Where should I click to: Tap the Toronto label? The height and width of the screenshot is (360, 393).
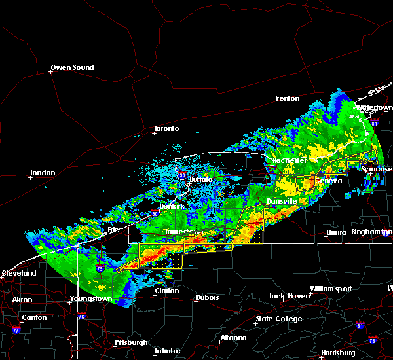click(x=166, y=128)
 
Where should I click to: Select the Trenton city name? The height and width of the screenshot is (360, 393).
click(x=286, y=98)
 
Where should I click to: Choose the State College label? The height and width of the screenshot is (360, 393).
click(x=280, y=319)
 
